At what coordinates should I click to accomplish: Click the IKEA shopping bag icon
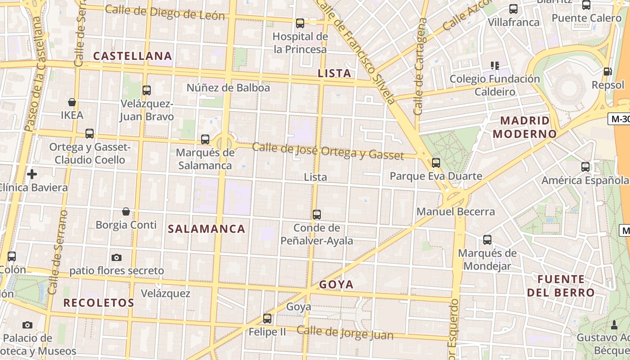pos(72,102)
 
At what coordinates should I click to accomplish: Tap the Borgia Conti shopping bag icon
pos(126,211)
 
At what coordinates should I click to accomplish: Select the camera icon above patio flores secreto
pos(117,257)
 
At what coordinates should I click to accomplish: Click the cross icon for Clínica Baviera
pos(32,174)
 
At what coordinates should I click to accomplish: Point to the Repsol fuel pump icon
pos(607,72)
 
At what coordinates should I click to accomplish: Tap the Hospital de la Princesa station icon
pos(300,23)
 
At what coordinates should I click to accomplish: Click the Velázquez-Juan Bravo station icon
pos(146,90)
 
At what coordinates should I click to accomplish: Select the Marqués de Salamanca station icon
pos(205,139)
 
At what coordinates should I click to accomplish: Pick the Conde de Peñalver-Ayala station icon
pos(317,215)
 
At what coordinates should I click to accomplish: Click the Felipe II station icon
pos(267,319)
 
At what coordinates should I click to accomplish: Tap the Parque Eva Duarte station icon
pos(436,163)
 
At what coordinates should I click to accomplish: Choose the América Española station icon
pos(585,167)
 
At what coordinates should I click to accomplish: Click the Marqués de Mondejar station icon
pos(487,240)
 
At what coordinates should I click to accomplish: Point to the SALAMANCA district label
pos(207,229)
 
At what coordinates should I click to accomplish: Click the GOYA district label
pos(336,284)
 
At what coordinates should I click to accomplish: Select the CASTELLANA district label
pos(132,56)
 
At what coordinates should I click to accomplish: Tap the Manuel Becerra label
pos(455,211)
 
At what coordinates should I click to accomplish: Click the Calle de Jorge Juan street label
pos(345,333)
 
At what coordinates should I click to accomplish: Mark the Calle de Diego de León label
pos(165,13)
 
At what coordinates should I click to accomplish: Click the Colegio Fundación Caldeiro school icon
pos(495,66)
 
